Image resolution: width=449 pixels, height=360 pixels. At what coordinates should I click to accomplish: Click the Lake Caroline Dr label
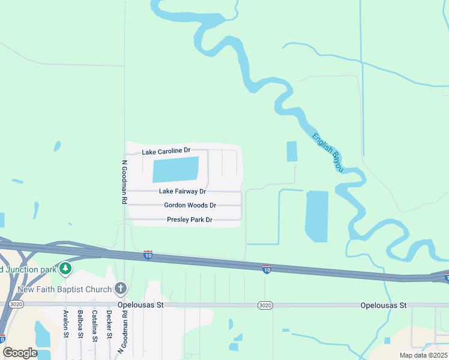coord(166,151)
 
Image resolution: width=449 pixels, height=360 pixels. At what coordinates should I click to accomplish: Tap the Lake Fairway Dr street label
coord(182,191)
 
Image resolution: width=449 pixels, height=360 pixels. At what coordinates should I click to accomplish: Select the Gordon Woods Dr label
coord(190,205)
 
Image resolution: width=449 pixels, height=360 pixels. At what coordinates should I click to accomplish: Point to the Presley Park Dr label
coord(190,220)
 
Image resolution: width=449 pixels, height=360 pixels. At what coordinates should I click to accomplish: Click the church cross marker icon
coord(121,289)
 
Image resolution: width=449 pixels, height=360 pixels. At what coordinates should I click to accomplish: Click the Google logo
coord(20,353)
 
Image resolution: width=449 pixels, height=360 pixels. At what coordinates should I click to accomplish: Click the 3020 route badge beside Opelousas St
coord(265,305)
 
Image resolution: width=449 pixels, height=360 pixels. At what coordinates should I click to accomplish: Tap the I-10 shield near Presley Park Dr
coord(148,255)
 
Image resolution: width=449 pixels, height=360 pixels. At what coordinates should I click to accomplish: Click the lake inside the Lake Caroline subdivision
coord(175,169)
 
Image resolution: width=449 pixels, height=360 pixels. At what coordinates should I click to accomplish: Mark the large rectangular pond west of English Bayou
coord(317,216)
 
